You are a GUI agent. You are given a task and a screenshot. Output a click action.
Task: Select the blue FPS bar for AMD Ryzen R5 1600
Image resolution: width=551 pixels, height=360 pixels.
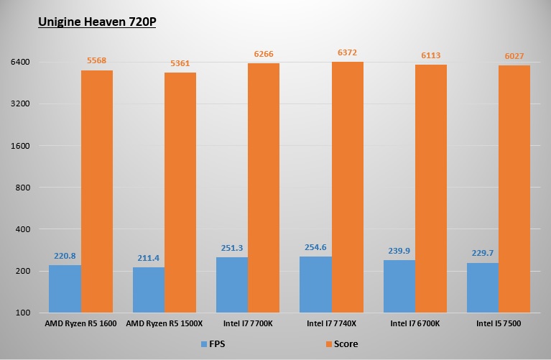(x=65, y=289)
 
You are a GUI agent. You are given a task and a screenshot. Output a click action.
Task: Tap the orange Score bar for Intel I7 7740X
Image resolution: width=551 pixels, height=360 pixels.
(x=347, y=187)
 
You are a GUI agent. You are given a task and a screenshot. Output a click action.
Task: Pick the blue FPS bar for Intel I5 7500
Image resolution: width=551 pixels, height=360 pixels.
(x=482, y=287)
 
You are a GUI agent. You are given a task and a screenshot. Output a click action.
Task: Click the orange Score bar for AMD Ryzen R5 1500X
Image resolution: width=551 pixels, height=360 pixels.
(x=180, y=193)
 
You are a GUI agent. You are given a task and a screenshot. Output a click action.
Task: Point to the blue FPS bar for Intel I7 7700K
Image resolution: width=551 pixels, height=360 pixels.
(x=231, y=285)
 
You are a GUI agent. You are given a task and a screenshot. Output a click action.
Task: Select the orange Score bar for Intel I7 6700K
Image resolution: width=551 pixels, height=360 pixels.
(x=430, y=188)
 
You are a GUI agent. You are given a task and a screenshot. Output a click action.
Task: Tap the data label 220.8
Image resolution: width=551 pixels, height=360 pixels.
(x=65, y=255)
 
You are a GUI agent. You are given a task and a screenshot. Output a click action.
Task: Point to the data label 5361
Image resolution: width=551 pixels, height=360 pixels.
(x=180, y=64)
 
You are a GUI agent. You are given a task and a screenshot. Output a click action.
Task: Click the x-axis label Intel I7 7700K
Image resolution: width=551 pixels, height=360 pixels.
(x=247, y=324)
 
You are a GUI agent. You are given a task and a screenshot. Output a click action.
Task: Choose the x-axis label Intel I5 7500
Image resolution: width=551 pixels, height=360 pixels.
(x=498, y=324)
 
